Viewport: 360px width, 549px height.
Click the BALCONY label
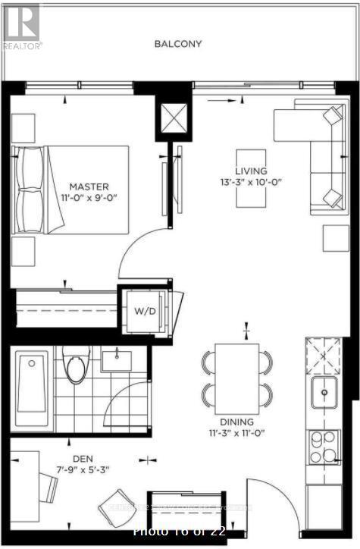pos(178,44)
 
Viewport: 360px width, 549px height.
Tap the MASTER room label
pos(89,187)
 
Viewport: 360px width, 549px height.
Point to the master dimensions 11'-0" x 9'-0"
pos(89,199)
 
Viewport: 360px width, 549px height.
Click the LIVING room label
pos(250,171)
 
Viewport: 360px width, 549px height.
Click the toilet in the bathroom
pos(77,367)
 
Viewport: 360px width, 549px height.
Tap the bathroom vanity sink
pos(117,359)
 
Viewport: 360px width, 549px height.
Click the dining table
pos(237,377)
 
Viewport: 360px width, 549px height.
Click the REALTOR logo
pos(20,25)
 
